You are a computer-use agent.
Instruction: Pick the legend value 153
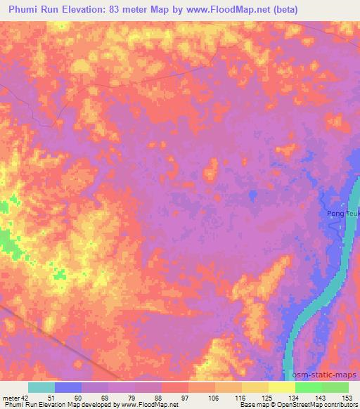(x=347, y=397)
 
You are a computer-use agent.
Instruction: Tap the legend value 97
(x=175, y=397)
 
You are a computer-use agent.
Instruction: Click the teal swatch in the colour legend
(x=41, y=387)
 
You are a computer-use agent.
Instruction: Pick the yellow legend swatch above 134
(x=281, y=387)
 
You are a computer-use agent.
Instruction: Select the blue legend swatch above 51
(x=68, y=387)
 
